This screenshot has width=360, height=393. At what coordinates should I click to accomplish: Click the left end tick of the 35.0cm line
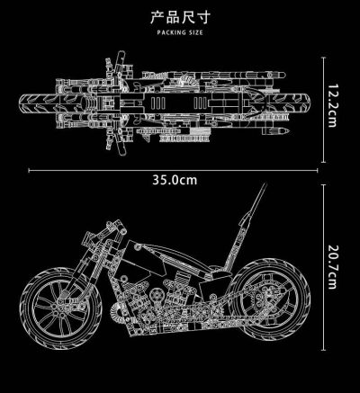30,167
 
